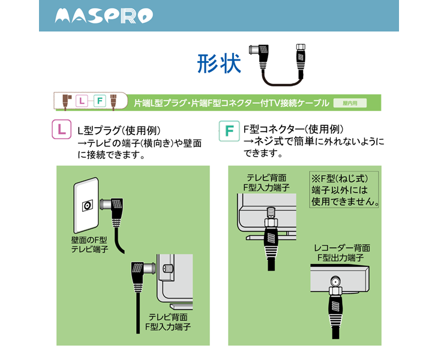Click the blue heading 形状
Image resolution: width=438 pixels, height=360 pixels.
click(x=219, y=62)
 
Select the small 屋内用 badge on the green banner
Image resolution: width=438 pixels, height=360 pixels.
click(x=350, y=103)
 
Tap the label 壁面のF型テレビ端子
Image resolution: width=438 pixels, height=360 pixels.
click(x=89, y=244)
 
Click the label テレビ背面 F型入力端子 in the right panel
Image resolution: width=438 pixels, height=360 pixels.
click(x=266, y=183)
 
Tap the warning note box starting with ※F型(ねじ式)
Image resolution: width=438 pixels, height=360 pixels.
click(x=345, y=190)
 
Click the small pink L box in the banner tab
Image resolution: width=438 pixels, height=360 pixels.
click(x=82, y=101)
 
